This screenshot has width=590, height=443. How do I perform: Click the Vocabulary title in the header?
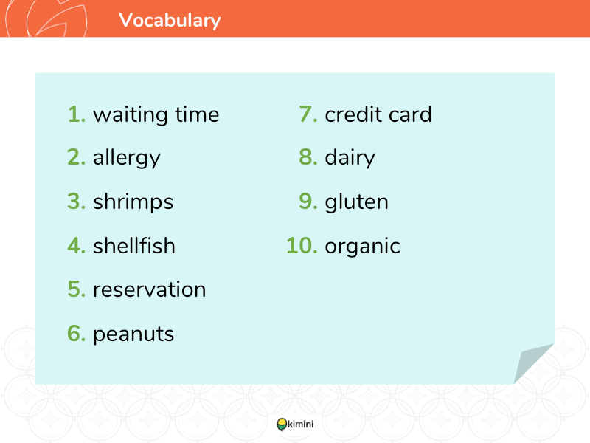[x=170, y=21]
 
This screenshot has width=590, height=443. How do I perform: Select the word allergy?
[x=127, y=158]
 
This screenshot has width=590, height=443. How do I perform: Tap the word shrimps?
[x=133, y=202]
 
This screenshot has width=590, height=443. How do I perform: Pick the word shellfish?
[x=134, y=245]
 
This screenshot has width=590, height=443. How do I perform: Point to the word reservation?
[x=150, y=289]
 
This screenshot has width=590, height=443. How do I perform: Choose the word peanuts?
[x=133, y=335]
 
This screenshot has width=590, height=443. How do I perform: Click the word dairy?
[x=350, y=158]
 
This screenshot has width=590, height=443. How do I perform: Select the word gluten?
[x=356, y=202]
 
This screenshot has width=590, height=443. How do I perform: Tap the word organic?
[x=362, y=247]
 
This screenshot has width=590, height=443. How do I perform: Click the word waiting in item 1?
[x=131, y=115]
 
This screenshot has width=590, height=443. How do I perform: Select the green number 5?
[x=77, y=289]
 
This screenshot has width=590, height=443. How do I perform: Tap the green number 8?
[x=308, y=157]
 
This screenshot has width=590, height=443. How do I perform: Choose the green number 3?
[x=77, y=201]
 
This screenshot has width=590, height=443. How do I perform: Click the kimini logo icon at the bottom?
[x=282, y=425]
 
